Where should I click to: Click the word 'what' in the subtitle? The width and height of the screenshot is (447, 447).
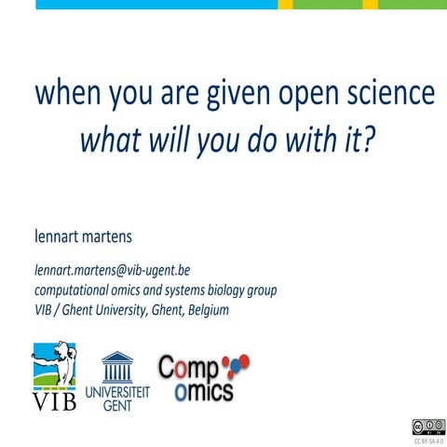click(112, 140)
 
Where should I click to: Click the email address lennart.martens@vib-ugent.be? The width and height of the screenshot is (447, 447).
click(112, 270)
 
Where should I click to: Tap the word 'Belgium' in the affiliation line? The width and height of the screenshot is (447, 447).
click(202, 309)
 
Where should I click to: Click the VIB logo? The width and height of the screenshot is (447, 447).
click(54, 376)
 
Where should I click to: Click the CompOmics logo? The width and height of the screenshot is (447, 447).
click(199, 378)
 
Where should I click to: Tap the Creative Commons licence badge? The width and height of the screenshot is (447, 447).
click(421, 427)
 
